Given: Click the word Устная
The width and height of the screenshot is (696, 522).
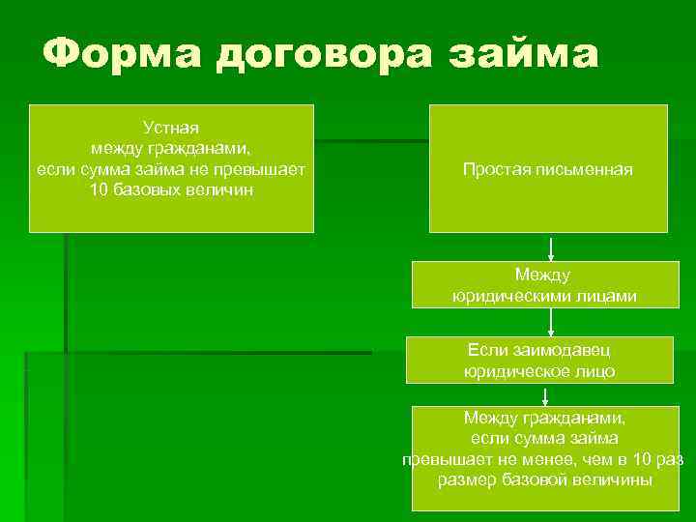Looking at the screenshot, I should point(171,127).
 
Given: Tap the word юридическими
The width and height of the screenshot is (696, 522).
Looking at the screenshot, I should point(511,297).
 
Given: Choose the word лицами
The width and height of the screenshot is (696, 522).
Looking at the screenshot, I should point(604,297).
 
